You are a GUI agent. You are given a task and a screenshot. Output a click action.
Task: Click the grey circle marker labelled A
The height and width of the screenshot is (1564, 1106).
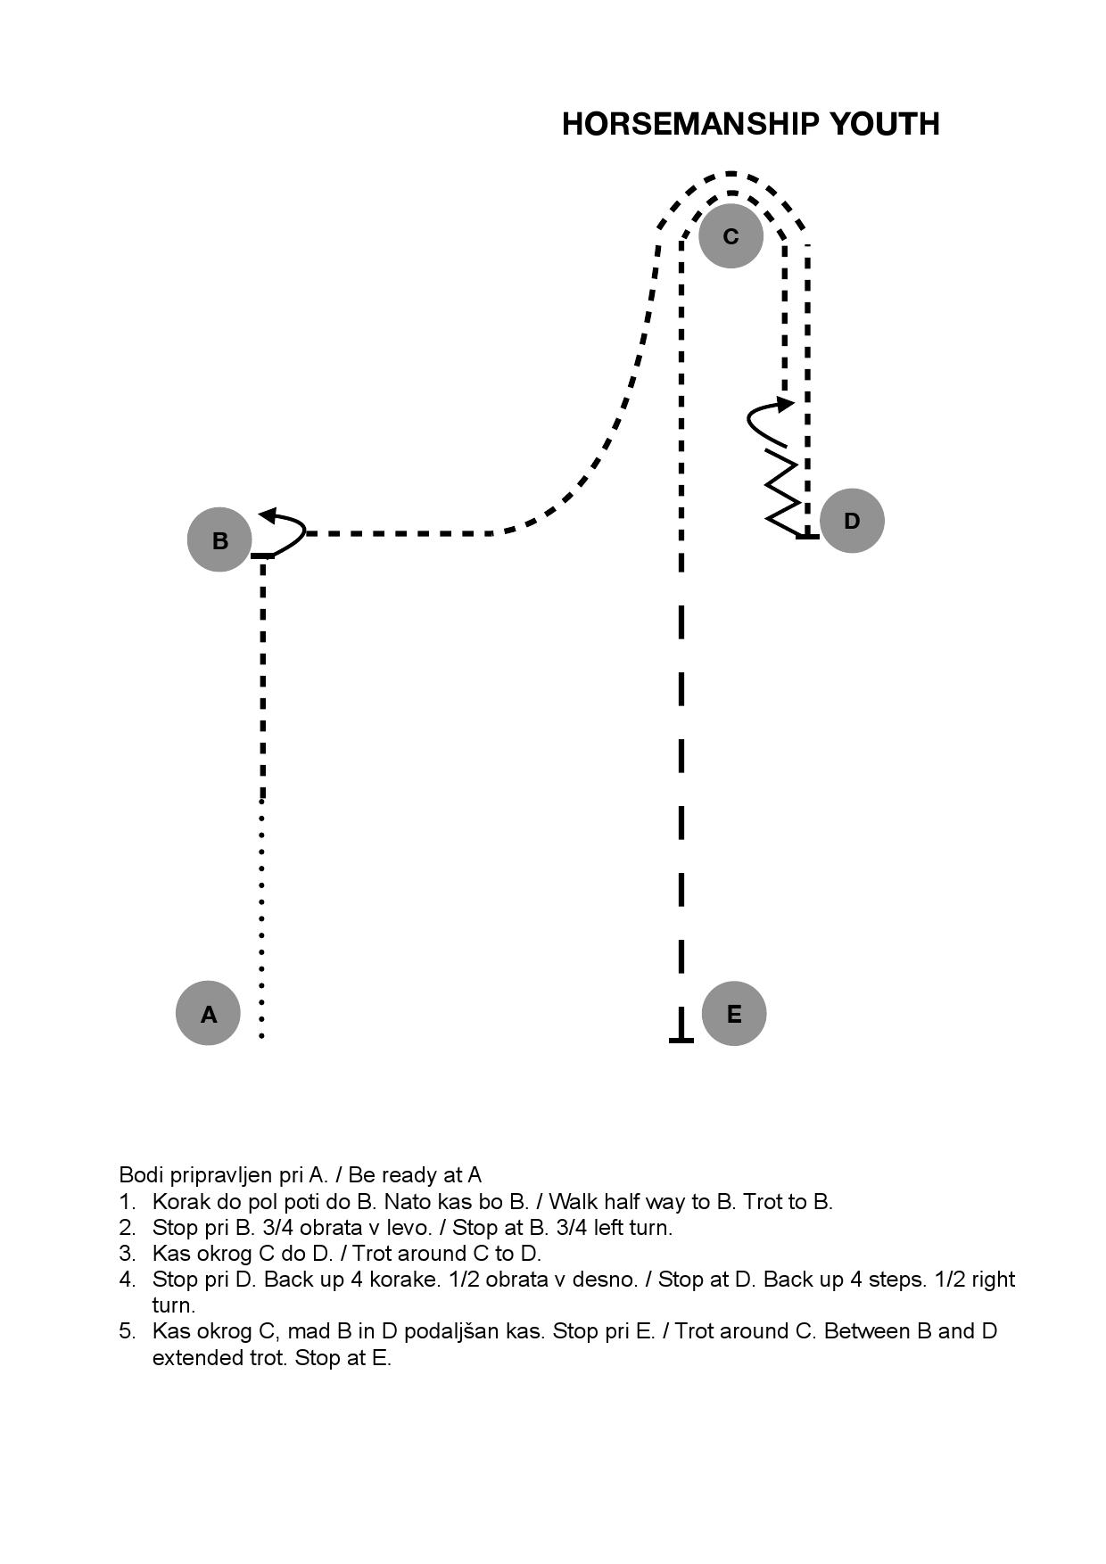(208, 1013)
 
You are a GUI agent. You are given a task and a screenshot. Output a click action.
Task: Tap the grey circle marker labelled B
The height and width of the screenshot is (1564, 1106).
(219, 539)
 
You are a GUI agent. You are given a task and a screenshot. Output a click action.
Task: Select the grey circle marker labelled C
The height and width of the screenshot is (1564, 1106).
(730, 235)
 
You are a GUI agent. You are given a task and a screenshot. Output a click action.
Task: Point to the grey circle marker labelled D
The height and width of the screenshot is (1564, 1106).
(852, 521)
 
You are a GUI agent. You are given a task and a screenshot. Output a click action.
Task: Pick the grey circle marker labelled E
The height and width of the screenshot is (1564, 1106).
(734, 1013)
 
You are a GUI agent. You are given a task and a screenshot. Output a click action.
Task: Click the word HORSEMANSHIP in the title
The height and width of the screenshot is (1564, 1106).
(692, 124)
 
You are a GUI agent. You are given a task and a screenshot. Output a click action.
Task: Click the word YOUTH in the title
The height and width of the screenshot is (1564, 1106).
(885, 124)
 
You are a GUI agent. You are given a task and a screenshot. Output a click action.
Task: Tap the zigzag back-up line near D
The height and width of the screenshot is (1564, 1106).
(782, 493)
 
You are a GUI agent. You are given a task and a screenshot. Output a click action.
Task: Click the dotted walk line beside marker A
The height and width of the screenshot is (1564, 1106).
(261, 918)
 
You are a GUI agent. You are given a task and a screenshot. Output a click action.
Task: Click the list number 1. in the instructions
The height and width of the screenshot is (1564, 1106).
(127, 1202)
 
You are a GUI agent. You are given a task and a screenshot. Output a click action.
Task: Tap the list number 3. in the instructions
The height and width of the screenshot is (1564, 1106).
(127, 1254)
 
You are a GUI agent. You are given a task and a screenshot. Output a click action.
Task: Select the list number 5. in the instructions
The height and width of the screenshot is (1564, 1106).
(127, 1331)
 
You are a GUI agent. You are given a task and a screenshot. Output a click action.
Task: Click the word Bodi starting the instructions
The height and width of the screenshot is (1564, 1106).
(138, 1175)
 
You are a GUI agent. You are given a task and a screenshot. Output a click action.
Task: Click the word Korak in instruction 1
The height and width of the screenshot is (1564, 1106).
(178, 1202)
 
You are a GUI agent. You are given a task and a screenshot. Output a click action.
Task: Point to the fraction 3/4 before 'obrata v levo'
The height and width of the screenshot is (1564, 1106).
(279, 1228)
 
